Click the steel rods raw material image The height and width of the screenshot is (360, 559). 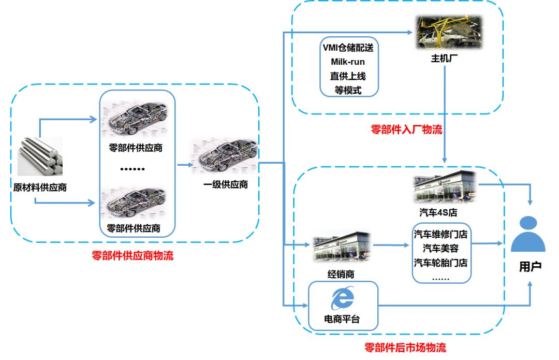tap(40, 156)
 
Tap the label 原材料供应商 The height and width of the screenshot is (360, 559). tap(40, 187)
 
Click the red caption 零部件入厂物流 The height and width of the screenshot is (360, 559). tap(406, 129)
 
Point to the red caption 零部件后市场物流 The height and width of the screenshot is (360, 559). tap(405, 348)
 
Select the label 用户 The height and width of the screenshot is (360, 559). tap(530, 268)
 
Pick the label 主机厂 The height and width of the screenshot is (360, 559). tap(445, 59)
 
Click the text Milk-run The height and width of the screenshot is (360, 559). tap(348, 62)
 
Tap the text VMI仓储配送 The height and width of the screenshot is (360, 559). tap(348, 48)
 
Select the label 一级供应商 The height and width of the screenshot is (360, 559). tap(225, 184)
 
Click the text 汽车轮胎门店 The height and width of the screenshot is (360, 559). tap(441, 263)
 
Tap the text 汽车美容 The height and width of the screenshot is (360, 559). tap(441, 249)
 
